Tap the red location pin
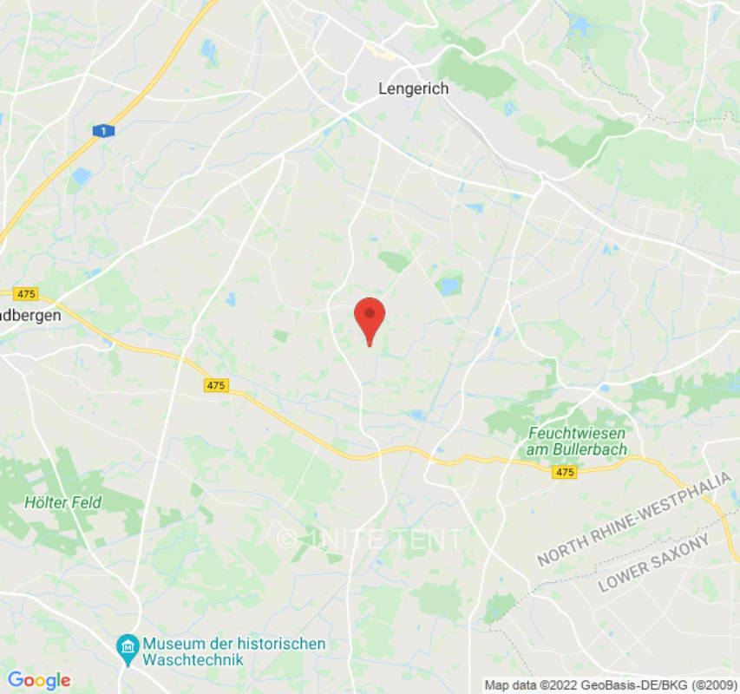pyautogui.click(x=370, y=318)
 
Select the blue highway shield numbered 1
pyautogui.click(x=103, y=130)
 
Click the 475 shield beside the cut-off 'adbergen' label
pyautogui.click(x=25, y=294)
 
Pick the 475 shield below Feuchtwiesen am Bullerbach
pyautogui.click(x=564, y=472)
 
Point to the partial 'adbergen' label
pyautogui.click(x=30, y=317)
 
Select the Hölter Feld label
pyautogui.click(x=62, y=502)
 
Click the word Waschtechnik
pyautogui.click(x=194, y=659)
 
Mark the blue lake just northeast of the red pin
pyautogui.click(x=449, y=284)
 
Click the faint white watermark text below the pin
pyautogui.click(x=370, y=539)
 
